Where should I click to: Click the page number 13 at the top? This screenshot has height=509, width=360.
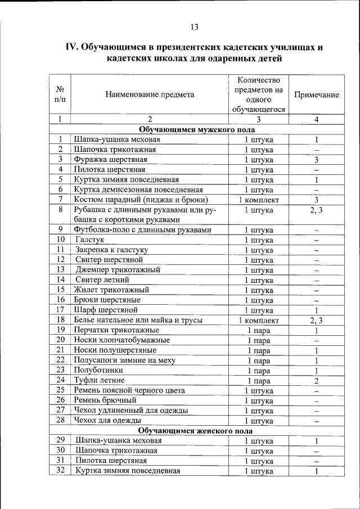pos(194,26)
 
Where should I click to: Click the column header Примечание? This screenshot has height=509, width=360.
pos(316,94)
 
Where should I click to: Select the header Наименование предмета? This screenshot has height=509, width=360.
pos(150,94)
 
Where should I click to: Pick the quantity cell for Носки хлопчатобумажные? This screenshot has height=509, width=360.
pos(259,340)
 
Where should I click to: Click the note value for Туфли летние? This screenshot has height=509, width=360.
pos(317,380)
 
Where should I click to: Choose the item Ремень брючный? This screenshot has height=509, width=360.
pos(105,400)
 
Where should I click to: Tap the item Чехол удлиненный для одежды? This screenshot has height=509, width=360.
pos(130,410)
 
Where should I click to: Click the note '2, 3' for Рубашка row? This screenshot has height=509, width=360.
pos(317,210)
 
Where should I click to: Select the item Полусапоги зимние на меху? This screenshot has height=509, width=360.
pos(124,360)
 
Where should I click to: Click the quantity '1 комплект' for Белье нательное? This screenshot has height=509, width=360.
pos(259,319)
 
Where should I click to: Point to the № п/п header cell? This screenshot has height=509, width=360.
pos(60,94)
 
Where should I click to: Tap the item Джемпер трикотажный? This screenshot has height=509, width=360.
pos(117,269)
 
